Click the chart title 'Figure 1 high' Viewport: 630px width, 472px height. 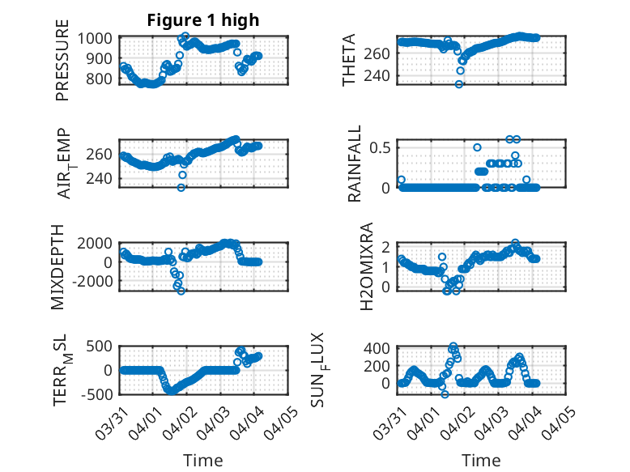[x=202, y=20]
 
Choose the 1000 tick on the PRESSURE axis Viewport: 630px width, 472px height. [x=100, y=38]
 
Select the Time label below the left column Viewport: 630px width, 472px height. [x=202, y=461]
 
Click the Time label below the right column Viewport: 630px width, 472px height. [x=481, y=461]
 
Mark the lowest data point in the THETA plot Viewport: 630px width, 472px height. [x=458, y=83]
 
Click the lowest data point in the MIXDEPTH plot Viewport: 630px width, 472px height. [x=181, y=291]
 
